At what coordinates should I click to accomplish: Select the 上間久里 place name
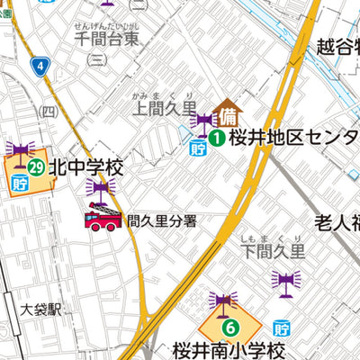tap(164, 109)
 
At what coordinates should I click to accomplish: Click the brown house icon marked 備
tap(228, 113)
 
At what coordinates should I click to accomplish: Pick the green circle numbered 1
tap(218, 138)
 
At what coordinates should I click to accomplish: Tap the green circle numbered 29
tap(36, 166)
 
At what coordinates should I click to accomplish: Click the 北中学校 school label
tap(85, 167)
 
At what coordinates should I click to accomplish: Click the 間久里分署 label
tap(161, 220)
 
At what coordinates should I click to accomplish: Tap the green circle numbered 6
tap(230, 328)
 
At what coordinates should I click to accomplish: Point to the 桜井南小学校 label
tap(229, 350)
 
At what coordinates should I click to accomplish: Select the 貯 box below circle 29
tap(21, 184)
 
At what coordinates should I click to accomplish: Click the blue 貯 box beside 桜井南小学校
tap(283, 328)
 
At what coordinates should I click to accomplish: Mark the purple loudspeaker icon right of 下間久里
tap(285, 283)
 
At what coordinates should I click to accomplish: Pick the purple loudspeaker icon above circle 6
tap(222, 301)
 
